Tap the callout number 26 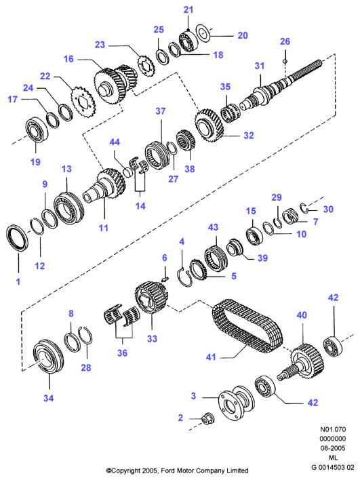[x=285, y=41]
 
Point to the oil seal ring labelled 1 [x=17, y=237]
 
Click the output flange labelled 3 [x=236, y=401]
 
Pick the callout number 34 [x=48, y=398]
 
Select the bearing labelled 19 [x=37, y=130]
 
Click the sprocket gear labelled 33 [x=151, y=299]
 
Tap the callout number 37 [x=161, y=111]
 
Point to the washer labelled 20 [x=203, y=32]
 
